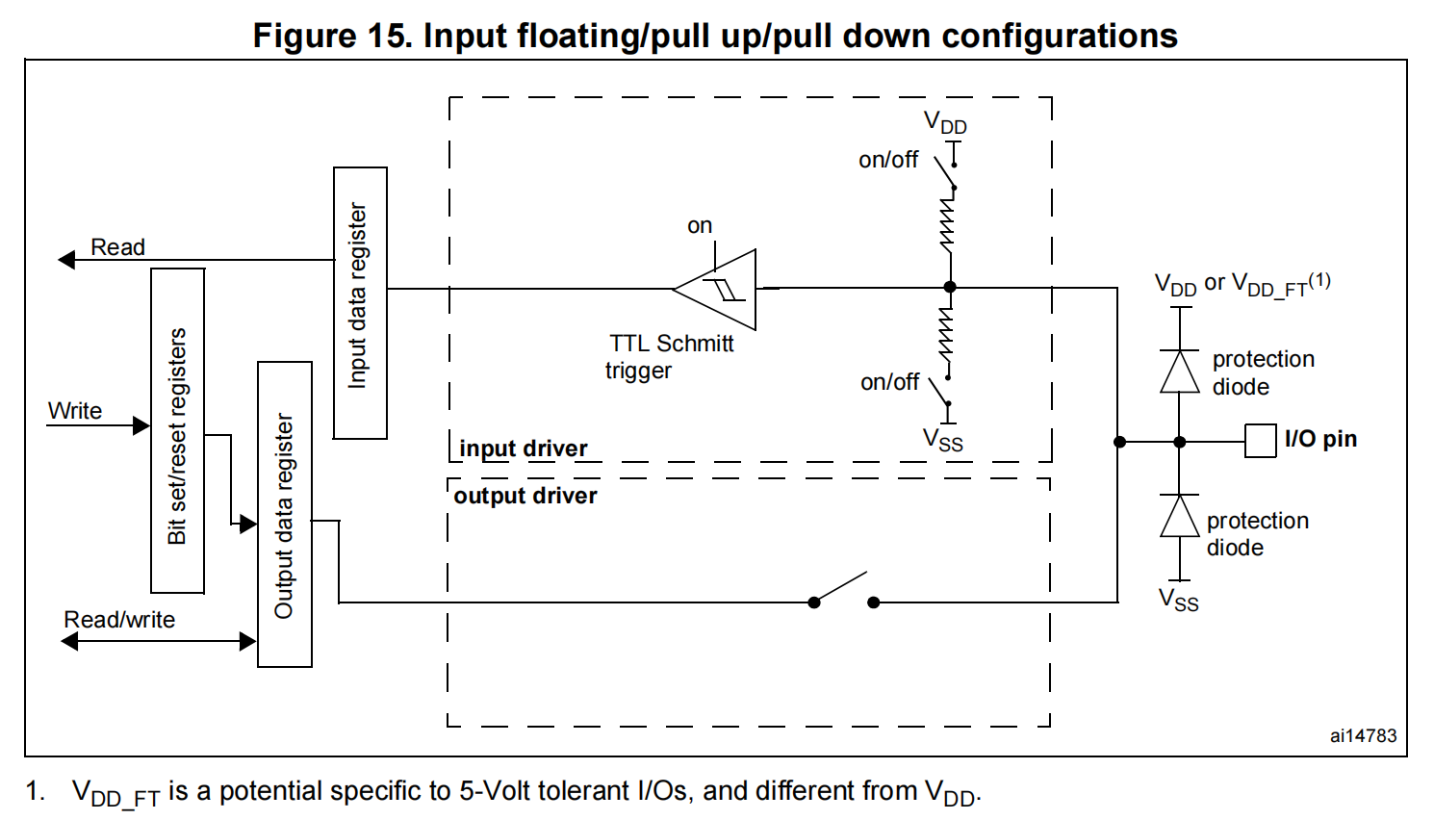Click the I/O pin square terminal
click(1260, 441)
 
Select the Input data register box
click(360, 302)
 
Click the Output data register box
click(285, 514)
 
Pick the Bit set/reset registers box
click(178, 430)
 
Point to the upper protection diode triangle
click(1180, 372)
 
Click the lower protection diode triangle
click(1180, 516)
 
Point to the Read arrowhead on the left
click(66, 260)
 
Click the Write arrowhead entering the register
click(141, 425)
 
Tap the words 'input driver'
click(523, 448)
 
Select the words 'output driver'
click(525, 496)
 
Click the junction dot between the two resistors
click(950, 287)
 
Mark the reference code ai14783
click(1363, 736)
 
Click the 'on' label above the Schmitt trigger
click(700, 225)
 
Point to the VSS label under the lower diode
click(1179, 601)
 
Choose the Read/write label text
click(119, 620)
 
